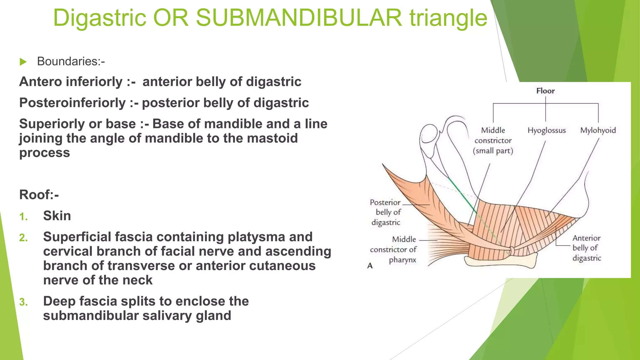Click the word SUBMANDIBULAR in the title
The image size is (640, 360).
[x=298, y=18]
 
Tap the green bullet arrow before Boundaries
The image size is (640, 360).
[x=23, y=62]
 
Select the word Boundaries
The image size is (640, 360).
[x=71, y=62]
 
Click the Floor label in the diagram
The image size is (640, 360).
[x=545, y=91]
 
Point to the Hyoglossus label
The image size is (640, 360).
[x=547, y=130]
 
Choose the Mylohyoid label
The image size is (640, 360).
[x=598, y=130]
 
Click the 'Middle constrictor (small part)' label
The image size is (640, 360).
[x=493, y=141]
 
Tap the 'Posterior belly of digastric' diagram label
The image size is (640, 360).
[x=386, y=212]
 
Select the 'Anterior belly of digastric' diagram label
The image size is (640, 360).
[x=587, y=248]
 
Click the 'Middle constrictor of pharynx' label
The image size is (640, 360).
[x=393, y=249]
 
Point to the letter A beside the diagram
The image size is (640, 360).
[x=370, y=266]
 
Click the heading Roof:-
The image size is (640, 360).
[x=39, y=195]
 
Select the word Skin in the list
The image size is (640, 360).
[x=57, y=216]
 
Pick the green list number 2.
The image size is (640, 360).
[x=23, y=238]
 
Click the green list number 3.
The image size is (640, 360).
[x=23, y=302]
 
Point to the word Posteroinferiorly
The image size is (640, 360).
[x=72, y=103]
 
